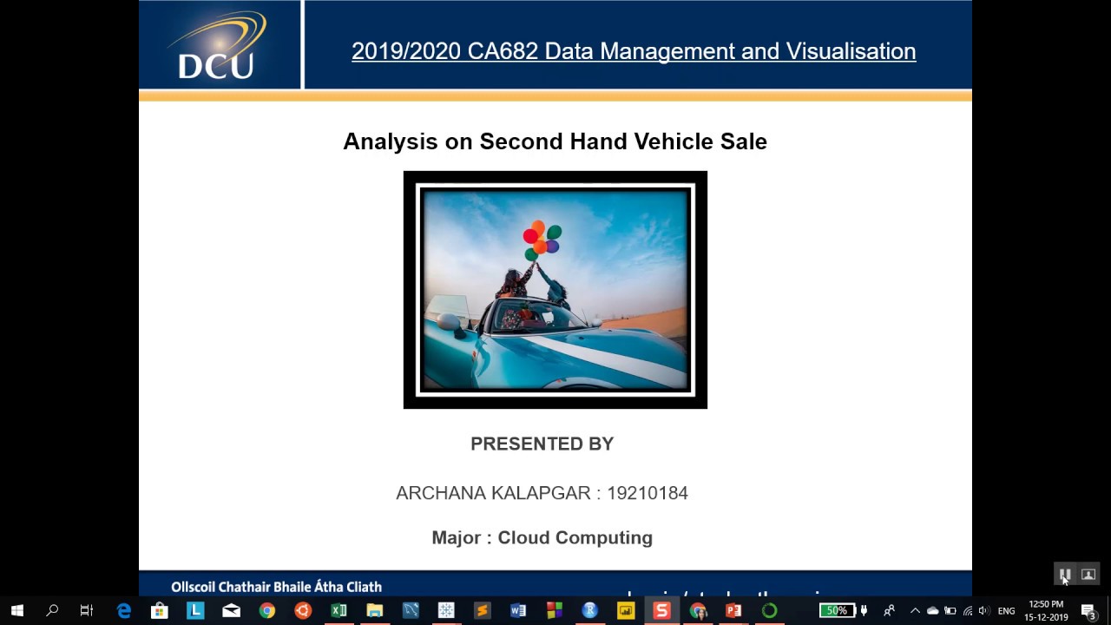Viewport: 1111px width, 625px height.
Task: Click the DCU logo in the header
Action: (x=217, y=46)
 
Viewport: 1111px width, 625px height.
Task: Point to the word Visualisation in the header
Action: (x=851, y=51)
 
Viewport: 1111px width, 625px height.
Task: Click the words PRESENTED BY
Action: (x=542, y=444)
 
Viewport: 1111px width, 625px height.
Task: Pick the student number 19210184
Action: (x=648, y=493)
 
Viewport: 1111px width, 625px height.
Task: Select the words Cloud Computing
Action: (x=575, y=537)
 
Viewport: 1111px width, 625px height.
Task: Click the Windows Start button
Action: (x=16, y=610)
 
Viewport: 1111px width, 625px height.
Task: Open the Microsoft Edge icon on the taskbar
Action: (x=123, y=610)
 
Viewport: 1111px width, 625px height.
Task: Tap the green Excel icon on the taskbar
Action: (x=339, y=610)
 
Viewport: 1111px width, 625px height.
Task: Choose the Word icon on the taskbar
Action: (x=518, y=610)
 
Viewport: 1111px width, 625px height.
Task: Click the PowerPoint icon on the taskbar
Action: (x=733, y=610)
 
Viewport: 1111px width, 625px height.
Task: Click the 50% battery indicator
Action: (x=836, y=610)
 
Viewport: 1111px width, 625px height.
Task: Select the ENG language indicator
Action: (x=1006, y=611)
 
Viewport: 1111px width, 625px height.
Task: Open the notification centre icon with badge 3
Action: (x=1088, y=611)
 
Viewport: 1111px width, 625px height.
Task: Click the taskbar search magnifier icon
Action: (x=52, y=610)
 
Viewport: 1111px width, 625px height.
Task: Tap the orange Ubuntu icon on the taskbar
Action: (x=303, y=610)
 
